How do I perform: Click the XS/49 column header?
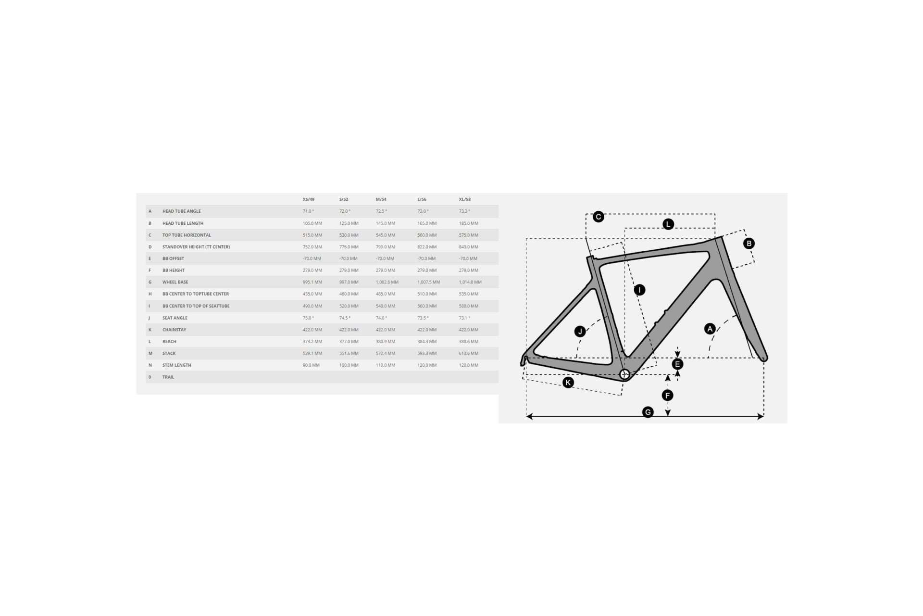click(x=309, y=199)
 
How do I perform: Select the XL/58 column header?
click(x=465, y=199)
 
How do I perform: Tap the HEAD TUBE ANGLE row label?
click(x=182, y=211)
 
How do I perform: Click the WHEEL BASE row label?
click(x=175, y=282)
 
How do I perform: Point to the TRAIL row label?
click(x=168, y=377)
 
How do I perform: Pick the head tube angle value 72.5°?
click(x=381, y=211)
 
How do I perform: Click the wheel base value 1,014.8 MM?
click(x=470, y=282)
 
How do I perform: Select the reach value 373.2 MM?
click(x=312, y=342)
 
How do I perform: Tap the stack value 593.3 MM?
click(x=427, y=353)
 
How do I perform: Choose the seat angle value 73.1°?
click(x=464, y=318)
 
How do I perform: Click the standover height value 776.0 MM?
click(x=349, y=247)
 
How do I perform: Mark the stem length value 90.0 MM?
click(x=311, y=365)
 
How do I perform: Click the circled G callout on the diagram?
click(x=648, y=412)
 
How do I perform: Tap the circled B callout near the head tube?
click(x=749, y=244)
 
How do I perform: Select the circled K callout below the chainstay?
click(x=568, y=383)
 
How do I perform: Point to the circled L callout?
click(x=668, y=224)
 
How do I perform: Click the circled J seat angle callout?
click(x=580, y=332)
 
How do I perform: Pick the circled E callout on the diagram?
click(x=678, y=364)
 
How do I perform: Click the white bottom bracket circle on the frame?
click(x=624, y=374)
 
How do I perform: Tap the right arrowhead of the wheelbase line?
click(x=761, y=416)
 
